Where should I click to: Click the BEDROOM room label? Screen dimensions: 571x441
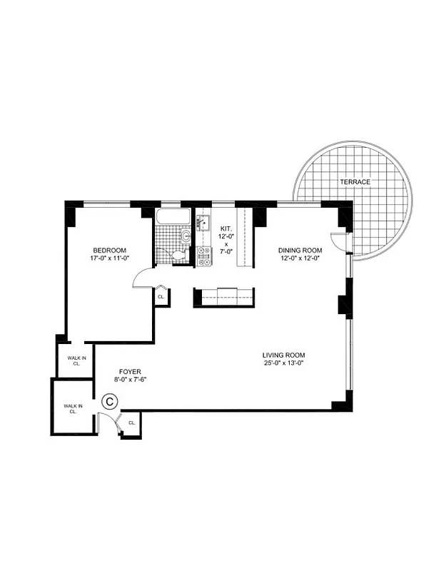[109, 250]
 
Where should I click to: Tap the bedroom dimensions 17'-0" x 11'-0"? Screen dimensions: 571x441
[109, 259]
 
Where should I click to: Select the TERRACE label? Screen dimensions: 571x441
[355, 182]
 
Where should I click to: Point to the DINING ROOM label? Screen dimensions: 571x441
[300, 250]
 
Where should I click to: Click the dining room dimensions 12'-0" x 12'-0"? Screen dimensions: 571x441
[300, 258]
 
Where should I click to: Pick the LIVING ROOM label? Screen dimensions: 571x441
[283, 355]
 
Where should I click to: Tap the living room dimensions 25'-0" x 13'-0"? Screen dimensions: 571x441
[283, 364]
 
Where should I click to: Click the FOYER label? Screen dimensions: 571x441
[130, 372]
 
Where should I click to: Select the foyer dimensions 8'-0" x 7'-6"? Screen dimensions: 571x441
[130, 380]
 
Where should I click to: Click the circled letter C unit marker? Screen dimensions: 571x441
[110, 401]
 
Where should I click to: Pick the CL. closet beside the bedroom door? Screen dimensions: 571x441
[161, 296]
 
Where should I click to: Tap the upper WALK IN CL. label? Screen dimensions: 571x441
[74, 360]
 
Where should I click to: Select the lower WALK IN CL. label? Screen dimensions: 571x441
[72, 409]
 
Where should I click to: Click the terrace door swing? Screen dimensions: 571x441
[338, 241]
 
